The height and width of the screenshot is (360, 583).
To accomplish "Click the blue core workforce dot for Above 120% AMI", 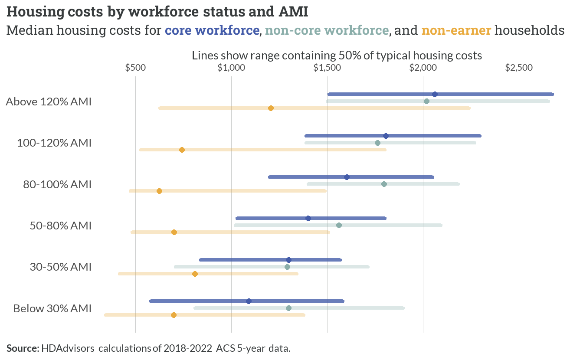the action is tap(435, 94).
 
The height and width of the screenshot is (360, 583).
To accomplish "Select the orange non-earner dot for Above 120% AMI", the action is tap(271, 108).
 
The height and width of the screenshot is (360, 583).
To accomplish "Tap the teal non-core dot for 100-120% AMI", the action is tap(377, 143).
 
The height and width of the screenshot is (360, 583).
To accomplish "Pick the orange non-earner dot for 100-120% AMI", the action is tap(182, 150).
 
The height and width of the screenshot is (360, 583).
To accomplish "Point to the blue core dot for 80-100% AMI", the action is tap(347, 177).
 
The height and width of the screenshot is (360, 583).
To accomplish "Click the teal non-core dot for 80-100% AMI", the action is tap(384, 184).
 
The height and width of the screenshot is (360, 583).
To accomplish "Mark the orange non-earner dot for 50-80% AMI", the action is tap(174, 232).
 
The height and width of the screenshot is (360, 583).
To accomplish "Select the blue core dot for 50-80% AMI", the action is tap(308, 218).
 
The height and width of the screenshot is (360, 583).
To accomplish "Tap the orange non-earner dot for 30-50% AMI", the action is tap(195, 274).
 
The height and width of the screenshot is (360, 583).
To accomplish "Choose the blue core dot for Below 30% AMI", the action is tap(249, 301).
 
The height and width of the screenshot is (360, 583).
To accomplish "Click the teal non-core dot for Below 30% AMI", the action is tap(288, 308).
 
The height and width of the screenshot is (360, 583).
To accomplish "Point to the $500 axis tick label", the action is tap(135, 68).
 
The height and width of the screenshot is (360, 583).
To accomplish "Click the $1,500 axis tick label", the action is tap(327, 68).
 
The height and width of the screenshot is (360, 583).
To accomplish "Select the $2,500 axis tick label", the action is tap(519, 68).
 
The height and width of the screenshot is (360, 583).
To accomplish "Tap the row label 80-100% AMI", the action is tap(57, 184).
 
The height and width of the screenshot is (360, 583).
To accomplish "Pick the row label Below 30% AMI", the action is tap(52, 308).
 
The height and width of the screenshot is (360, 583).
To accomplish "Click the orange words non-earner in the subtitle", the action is tap(456, 30).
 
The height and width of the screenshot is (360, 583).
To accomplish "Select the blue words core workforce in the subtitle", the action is tap(212, 30).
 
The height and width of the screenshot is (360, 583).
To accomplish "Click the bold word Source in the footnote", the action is tap(23, 348).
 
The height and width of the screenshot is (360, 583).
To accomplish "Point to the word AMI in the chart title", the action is tap(293, 12).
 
